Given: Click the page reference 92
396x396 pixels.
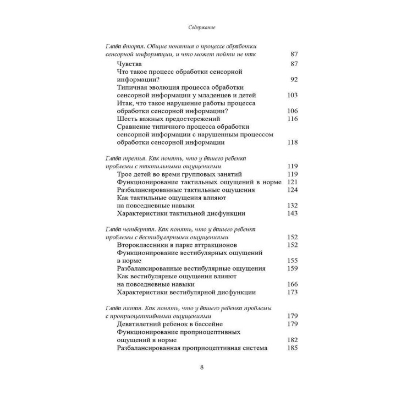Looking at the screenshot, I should pyautogui.click(x=293, y=79).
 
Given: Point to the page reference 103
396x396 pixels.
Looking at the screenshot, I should pyautogui.click(x=292, y=95).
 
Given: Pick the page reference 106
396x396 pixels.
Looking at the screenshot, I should pyautogui.click(x=292, y=111).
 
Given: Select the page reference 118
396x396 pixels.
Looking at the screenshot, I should pyautogui.click(x=292, y=142).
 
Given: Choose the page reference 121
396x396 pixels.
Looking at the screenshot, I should pyautogui.click(x=292, y=182).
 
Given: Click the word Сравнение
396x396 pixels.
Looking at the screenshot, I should pyautogui.click(x=137, y=127).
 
